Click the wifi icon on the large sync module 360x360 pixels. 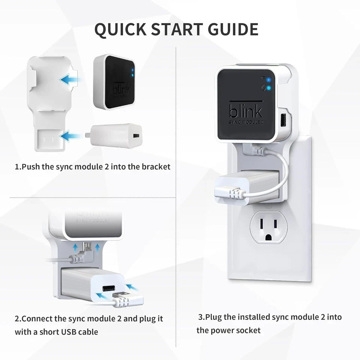[x=264, y=79]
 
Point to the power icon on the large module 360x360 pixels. [x=264, y=88]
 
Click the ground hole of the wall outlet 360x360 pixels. [x=268, y=237]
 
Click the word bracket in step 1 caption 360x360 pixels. [x=156, y=166]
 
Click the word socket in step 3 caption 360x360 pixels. [x=248, y=330]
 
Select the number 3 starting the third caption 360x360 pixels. [x=200, y=317]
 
